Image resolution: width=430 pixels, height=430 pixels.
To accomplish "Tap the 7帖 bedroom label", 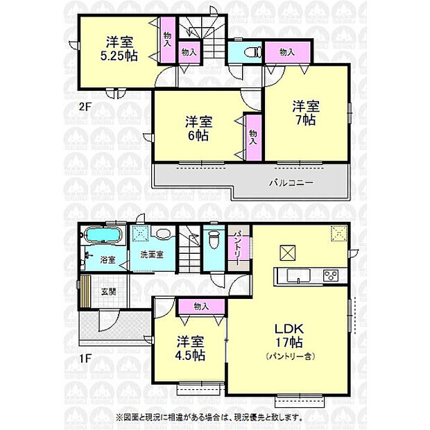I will pos(305,113).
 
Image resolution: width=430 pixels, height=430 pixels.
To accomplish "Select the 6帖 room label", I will pos(198,129).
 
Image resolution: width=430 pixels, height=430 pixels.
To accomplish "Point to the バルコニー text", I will pos(291,184).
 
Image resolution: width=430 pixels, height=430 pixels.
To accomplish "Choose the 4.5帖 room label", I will pos(189,348).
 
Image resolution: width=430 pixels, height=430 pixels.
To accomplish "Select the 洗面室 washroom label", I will pos(151,255).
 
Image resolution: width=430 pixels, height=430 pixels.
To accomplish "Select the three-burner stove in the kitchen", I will pos(330,275).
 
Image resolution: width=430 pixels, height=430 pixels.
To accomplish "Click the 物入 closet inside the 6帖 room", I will pos(252,137).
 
